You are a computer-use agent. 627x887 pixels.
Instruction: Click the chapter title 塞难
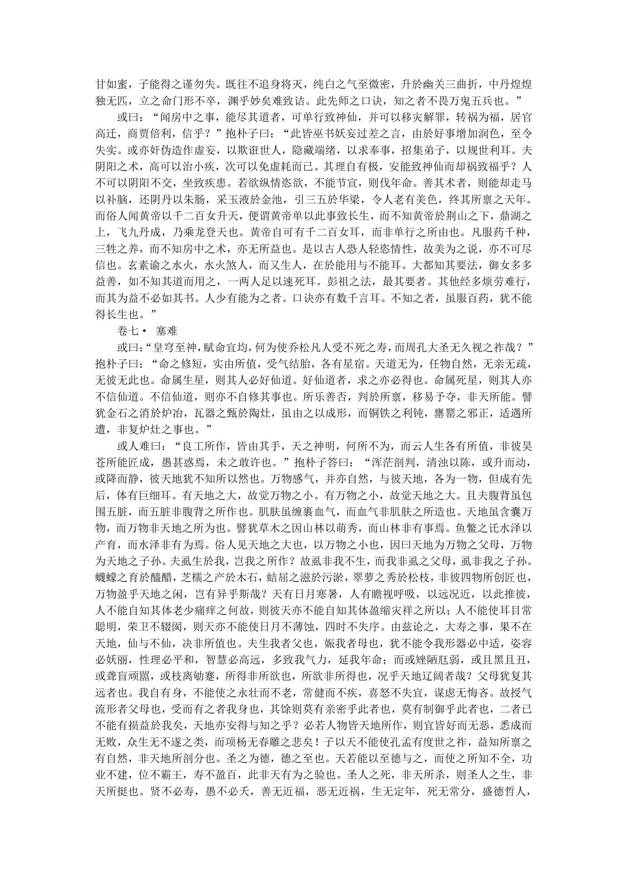click(167, 331)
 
